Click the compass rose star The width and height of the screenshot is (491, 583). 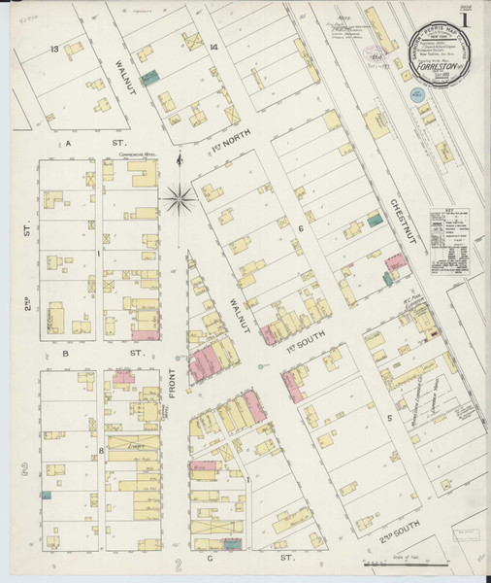coord(179,201)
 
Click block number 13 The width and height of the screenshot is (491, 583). coord(55,48)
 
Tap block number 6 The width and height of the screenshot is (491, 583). coord(302,229)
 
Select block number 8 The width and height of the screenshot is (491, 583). coord(100,451)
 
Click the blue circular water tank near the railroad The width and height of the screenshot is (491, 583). coord(416,95)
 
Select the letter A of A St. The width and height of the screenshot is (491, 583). coord(70,142)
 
